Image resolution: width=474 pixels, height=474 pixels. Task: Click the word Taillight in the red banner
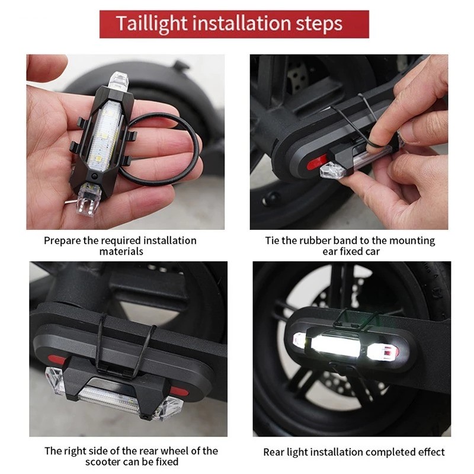[x=152, y=24]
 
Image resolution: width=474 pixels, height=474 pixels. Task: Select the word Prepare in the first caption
[x=62, y=241]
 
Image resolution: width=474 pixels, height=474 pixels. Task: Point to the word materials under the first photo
[x=121, y=251]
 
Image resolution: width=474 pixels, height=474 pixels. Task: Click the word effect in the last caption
[x=431, y=452]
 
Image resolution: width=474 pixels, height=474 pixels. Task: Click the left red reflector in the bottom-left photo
[x=57, y=360]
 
